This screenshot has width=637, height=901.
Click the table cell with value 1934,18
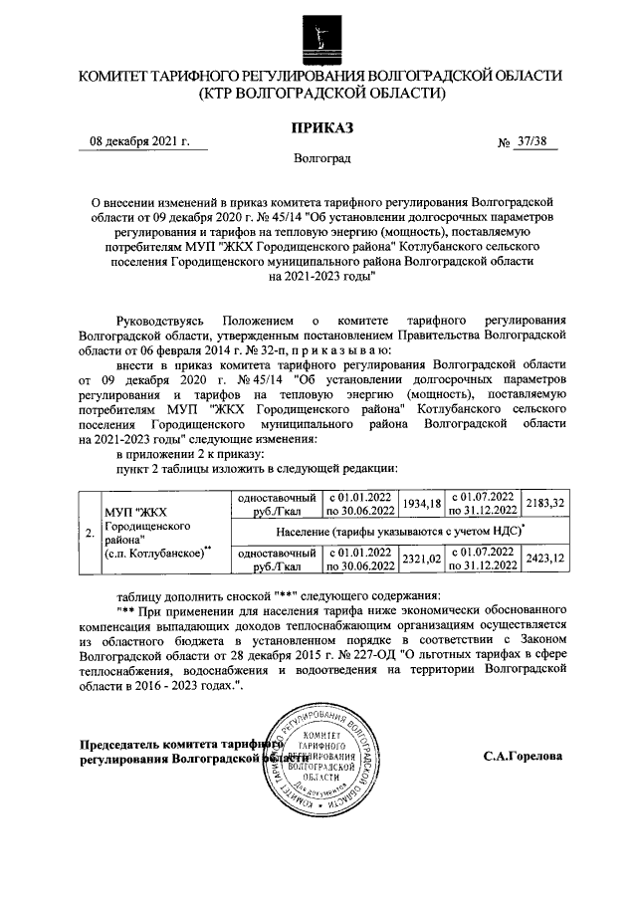(423, 504)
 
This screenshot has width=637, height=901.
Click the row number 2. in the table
(90, 533)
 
